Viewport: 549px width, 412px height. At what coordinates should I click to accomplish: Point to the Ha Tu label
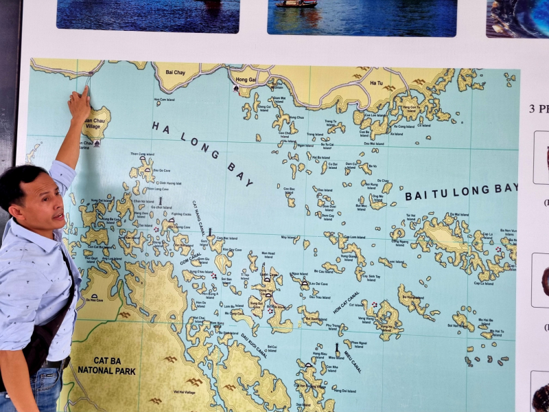coord(376,83)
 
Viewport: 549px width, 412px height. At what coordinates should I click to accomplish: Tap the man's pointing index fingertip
coord(86,89)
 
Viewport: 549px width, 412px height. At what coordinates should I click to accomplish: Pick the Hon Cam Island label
coord(166,100)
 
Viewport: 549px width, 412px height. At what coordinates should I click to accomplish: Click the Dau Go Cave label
coord(161,170)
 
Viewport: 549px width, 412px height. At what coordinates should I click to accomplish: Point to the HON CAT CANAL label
coord(347,301)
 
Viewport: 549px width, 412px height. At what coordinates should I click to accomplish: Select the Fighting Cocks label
coord(182,214)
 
